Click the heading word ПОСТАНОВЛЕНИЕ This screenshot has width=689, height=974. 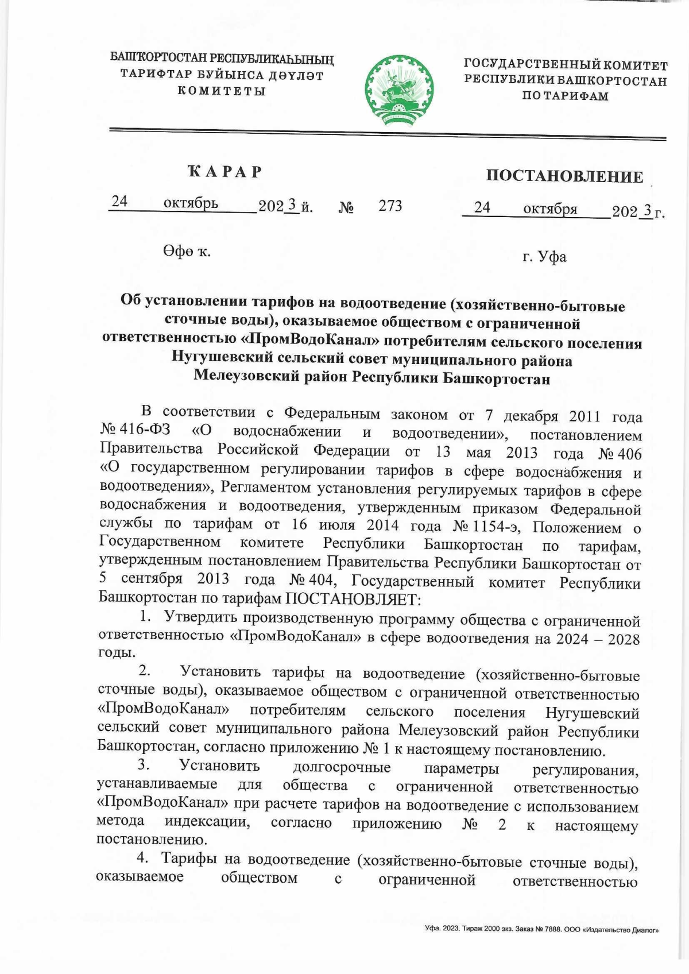(x=564, y=176)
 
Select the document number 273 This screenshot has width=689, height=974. (x=390, y=206)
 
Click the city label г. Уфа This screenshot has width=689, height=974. (x=544, y=257)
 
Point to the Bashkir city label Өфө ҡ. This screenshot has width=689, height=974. (x=187, y=252)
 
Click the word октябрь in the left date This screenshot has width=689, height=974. (x=191, y=203)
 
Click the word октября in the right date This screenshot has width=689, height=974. (x=549, y=209)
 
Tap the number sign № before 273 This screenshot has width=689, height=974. (x=346, y=207)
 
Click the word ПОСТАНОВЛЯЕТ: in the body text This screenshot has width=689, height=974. (x=353, y=599)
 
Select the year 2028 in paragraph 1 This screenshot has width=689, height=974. (x=624, y=639)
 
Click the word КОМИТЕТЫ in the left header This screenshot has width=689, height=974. (x=221, y=91)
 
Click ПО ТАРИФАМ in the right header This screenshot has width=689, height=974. (x=565, y=96)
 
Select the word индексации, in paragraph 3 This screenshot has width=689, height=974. (x=207, y=822)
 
